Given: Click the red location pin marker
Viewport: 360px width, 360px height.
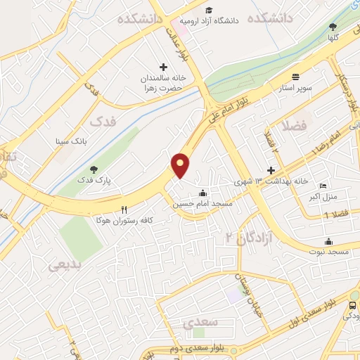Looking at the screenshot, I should (x=181, y=165).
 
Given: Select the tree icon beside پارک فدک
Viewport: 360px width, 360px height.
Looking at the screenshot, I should (x=94, y=169).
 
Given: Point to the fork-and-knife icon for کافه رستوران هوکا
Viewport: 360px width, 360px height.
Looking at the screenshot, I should (x=124, y=209).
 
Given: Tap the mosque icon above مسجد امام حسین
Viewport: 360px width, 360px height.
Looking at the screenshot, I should (x=203, y=193).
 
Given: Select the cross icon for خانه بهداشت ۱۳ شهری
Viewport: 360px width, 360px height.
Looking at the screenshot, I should (x=271, y=170).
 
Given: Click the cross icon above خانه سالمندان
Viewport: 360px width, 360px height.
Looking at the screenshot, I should (x=164, y=67).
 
